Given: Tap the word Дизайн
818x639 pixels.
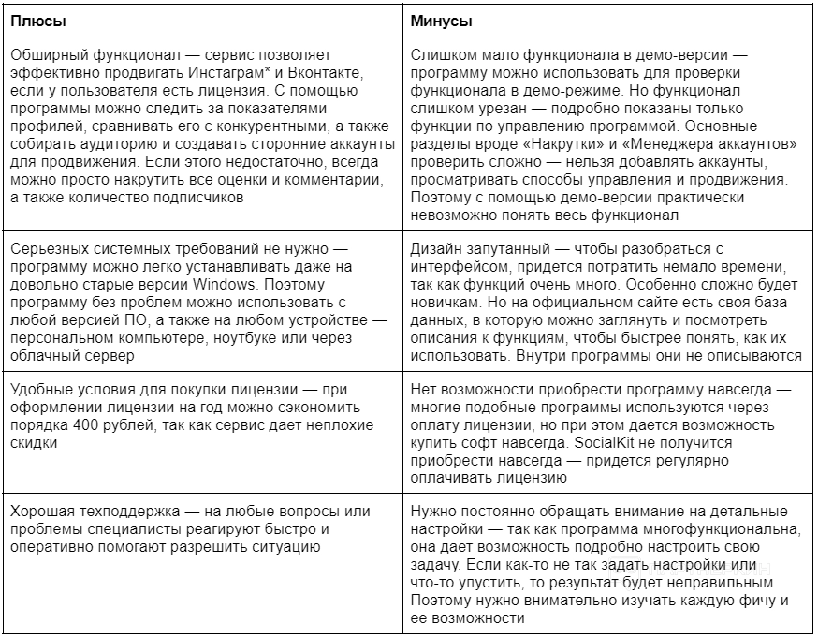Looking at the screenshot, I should click(436, 247).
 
